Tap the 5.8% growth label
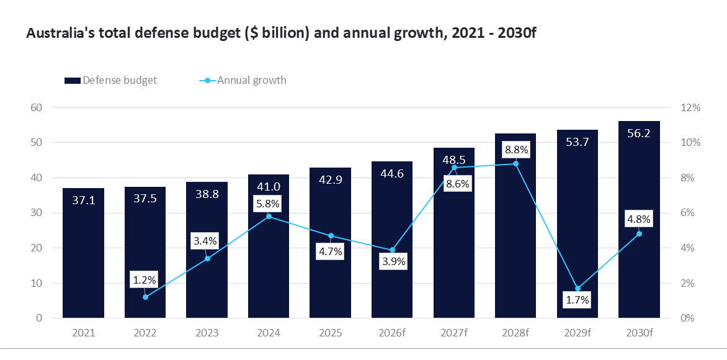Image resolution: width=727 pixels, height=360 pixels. pyautogui.click(x=268, y=204)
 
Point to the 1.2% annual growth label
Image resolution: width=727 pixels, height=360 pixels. pyautogui.click(x=145, y=279)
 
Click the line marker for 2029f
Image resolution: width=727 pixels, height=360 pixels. pyautogui.click(x=578, y=289)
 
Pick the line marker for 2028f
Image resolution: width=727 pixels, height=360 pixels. pyautogui.click(x=515, y=163)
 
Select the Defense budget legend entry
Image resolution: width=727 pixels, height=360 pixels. pyautogui.click(x=112, y=80)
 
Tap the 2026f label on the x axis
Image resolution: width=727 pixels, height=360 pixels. pyautogui.click(x=392, y=333)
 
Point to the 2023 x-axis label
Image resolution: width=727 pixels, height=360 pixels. pyautogui.click(x=207, y=333)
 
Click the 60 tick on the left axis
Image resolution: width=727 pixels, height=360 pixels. pyautogui.click(x=36, y=107)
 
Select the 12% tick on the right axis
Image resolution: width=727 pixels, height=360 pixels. pyautogui.click(x=690, y=107)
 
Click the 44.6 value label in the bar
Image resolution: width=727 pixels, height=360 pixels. pyautogui.click(x=392, y=173)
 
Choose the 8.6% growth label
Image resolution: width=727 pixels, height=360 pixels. pyautogui.click(x=454, y=183)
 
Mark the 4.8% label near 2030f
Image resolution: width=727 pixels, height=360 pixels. pyautogui.click(x=639, y=218)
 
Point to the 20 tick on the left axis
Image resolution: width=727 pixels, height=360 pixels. pyautogui.click(x=36, y=248)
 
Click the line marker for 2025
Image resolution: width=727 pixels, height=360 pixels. pyautogui.click(x=331, y=236)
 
